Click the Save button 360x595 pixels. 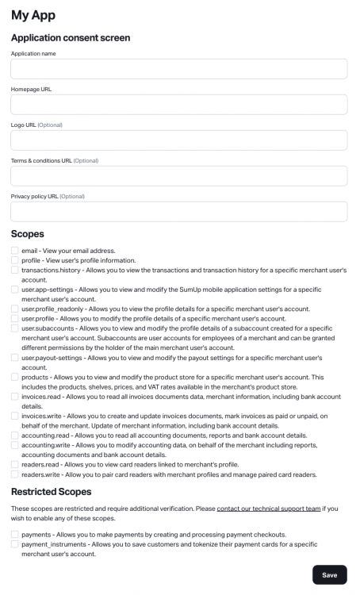[329, 575]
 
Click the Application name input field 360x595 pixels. [179, 69]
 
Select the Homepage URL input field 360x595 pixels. [179, 105]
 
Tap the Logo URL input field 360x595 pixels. [179, 140]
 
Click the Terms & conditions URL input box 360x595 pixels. [179, 176]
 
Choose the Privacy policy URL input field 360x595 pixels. [179, 212]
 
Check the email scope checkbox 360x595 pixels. [15, 251]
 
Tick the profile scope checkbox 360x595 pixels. [15, 260]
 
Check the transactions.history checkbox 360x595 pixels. [15, 271]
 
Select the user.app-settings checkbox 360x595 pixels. [15, 290]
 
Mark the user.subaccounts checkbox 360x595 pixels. [15, 328]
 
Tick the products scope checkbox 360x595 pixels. [15, 377]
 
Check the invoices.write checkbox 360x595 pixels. [15, 416]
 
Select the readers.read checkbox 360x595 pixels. [15, 465]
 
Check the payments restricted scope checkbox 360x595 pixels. [15, 535]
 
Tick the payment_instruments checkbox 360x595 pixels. [15, 544]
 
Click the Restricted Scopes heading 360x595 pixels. [51, 492]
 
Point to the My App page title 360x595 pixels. [33, 15]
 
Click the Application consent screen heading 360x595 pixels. [71, 37]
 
